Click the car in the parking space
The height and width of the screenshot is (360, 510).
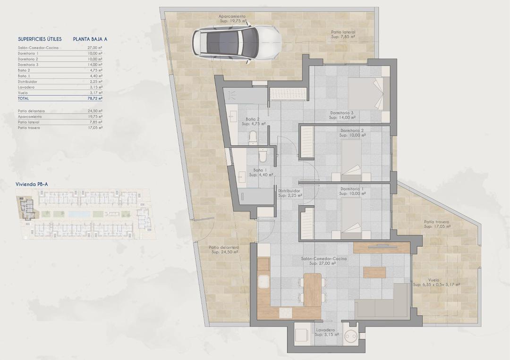pyautogui.click(x=236, y=42)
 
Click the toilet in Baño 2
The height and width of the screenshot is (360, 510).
pyautogui.click(x=253, y=137)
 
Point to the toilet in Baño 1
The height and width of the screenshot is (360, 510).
pyautogui.click(x=263, y=155)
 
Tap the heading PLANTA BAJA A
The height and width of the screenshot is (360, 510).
pyautogui.click(x=90, y=39)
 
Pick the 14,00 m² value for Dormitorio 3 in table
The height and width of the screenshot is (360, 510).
pyautogui.click(x=94, y=65)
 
